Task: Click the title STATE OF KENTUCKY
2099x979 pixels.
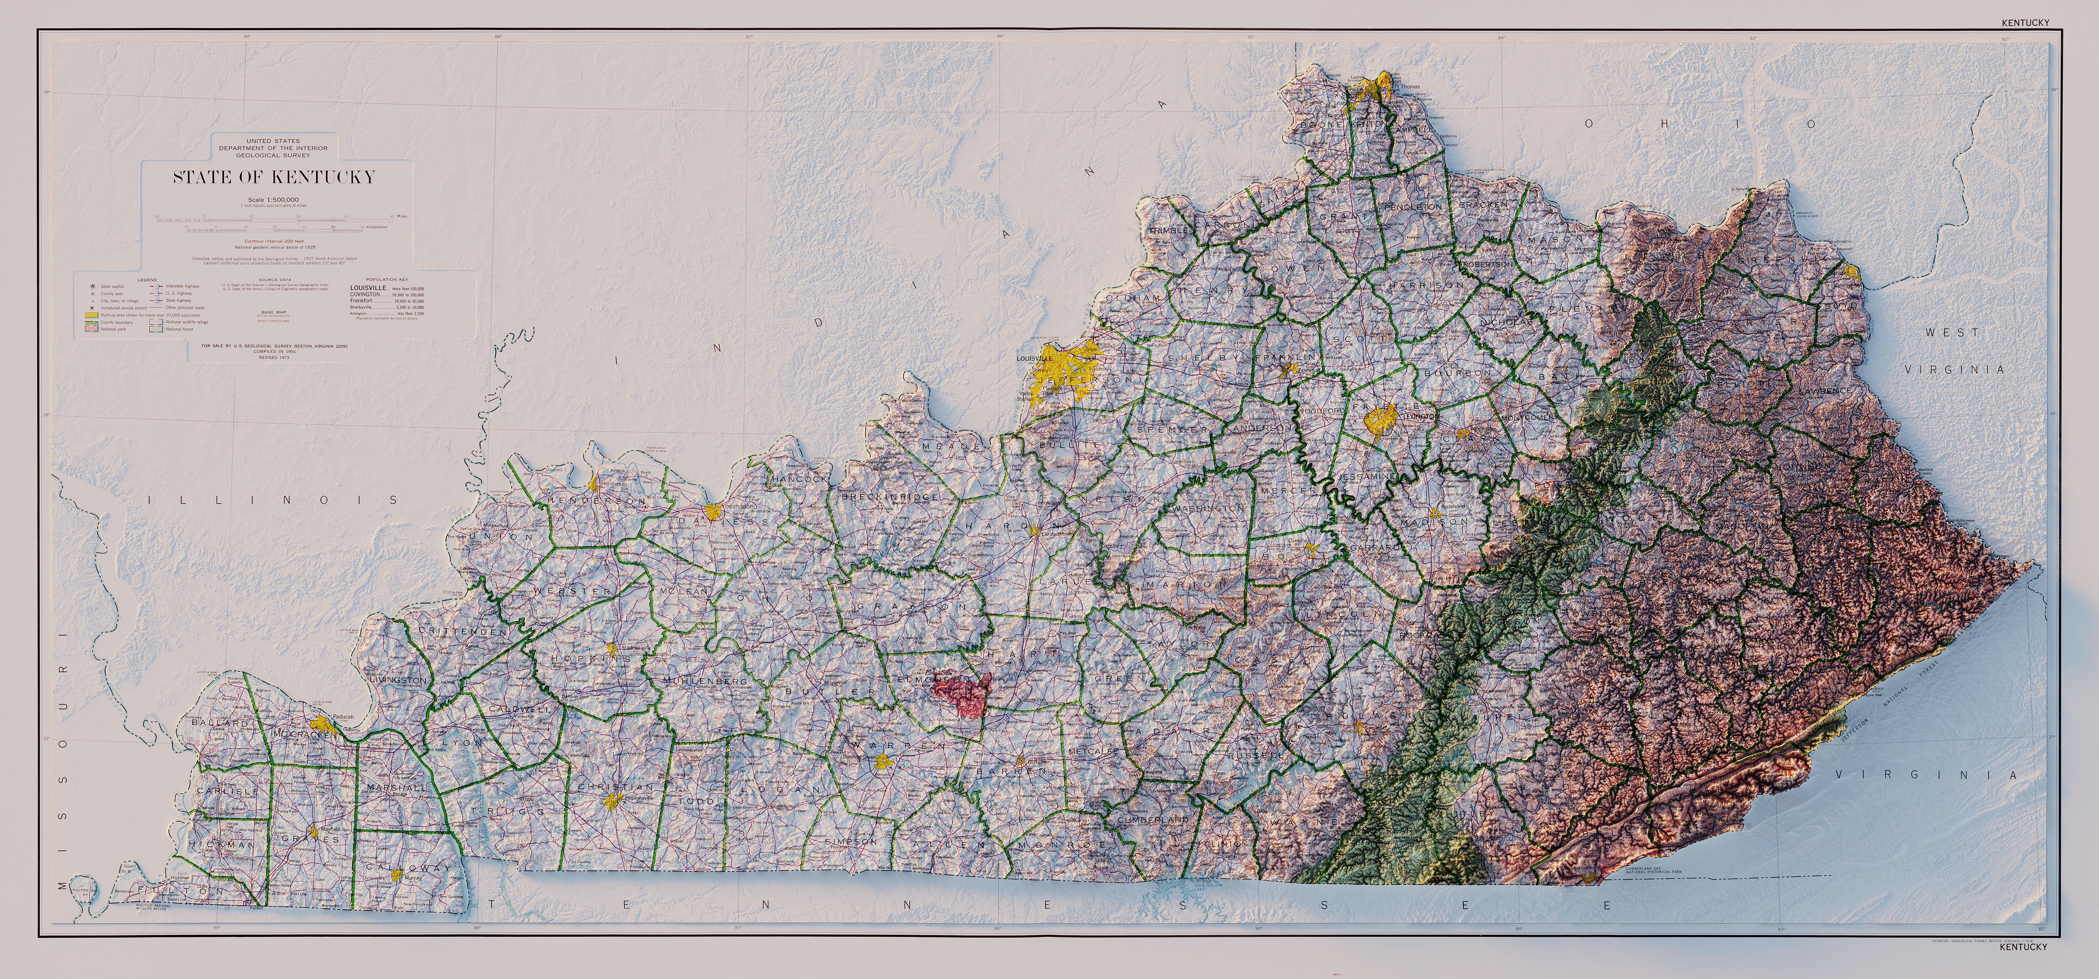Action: pyautogui.click(x=274, y=178)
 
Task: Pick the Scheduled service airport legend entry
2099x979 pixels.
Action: pyautogui.click(x=124, y=308)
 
